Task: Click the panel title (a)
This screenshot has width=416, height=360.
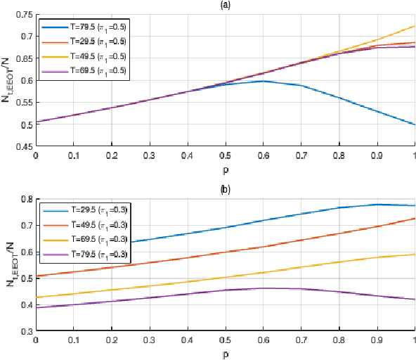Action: pyautogui.click(x=225, y=5)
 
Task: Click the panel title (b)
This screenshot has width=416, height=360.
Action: pyautogui.click(x=225, y=189)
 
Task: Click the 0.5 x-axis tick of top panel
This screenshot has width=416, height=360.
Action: pyautogui.click(x=225, y=155)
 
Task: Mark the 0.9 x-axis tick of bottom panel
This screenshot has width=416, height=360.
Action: pyautogui.click(x=377, y=339)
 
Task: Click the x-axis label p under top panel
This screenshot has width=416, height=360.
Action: pyautogui.click(x=225, y=169)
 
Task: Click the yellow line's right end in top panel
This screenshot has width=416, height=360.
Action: pyautogui.click(x=415, y=26)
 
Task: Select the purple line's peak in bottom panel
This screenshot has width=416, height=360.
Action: pyautogui.click(x=263, y=288)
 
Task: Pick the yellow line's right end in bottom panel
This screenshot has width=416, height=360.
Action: pyautogui.click(x=415, y=254)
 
